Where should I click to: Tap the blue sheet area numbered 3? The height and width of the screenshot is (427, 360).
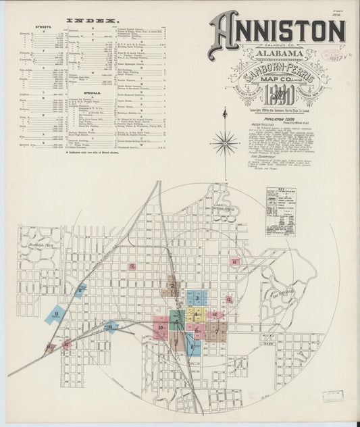pos(197,298)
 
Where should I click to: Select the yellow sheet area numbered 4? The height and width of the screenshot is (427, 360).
pos(196,315)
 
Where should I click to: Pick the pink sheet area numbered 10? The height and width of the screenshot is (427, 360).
pos(161,328)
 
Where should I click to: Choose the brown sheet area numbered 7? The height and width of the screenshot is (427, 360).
pos(215,330)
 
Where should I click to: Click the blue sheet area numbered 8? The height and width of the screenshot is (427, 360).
pos(192,347)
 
